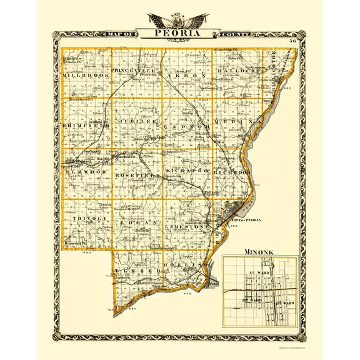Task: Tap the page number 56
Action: [x=292, y=41]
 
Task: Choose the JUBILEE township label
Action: [x=134, y=120]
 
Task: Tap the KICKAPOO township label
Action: [x=186, y=170]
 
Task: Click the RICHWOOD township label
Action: [x=232, y=171]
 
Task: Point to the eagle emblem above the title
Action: [x=179, y=19]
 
